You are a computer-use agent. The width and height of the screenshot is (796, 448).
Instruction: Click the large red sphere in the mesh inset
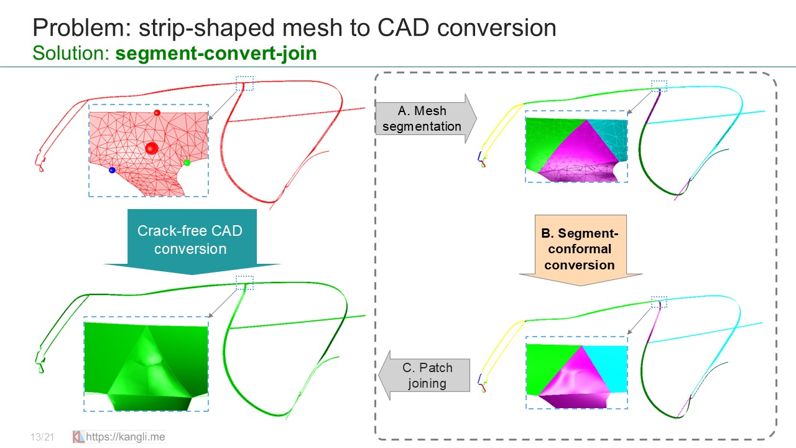coord(151,147)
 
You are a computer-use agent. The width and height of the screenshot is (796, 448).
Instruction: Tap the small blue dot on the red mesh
coord(112,170)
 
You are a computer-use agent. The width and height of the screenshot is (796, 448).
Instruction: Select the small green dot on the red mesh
coord(187,163)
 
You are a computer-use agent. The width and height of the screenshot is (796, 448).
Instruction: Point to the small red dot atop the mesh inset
coord(157,113)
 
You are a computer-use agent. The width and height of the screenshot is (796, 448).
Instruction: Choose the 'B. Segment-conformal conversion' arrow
coord(580,250)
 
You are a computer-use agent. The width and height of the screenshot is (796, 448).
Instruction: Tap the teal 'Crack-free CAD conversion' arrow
coord(190,240)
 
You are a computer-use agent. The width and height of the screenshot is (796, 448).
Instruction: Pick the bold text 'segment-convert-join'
coord(216,53)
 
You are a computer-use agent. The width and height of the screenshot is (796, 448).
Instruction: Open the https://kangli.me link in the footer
coord(126,437)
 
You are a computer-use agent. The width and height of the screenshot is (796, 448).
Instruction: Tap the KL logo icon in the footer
coord(78,437)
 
